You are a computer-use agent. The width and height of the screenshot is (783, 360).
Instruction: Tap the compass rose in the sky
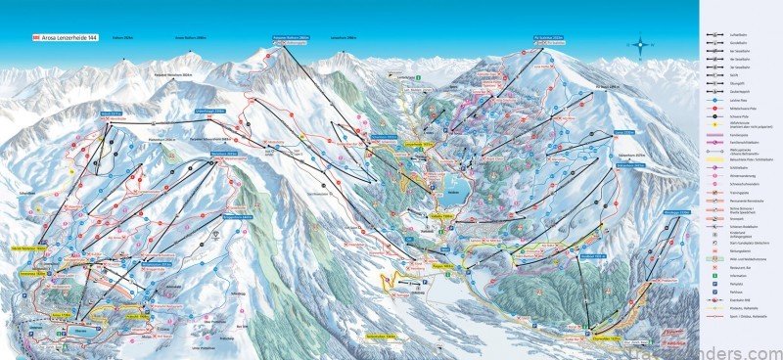[642, 44]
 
